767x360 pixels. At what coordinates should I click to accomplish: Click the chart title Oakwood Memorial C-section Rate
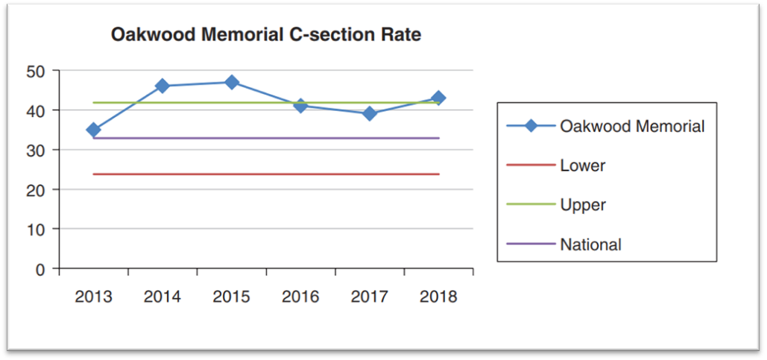tap(265, 35)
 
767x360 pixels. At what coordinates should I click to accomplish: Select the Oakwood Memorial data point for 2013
tap(93, 130)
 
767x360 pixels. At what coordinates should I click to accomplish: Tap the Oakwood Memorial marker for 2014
tap(162, 86)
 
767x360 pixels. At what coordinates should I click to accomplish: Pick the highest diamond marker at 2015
tap(232, 82)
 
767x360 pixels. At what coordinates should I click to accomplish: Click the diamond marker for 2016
tap(300, 106)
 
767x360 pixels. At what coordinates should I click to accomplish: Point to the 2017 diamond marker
tap(370, 113)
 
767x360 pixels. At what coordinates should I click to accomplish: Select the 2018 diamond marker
tap(438, 98)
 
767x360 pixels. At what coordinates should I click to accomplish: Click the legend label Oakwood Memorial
tap(632, 126)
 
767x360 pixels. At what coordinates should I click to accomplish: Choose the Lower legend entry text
tap(582, 165)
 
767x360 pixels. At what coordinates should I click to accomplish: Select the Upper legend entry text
tap(582, 204)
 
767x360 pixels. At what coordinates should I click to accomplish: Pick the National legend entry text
tap(590, 244)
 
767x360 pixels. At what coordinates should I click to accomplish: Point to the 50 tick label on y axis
tap(37, 72)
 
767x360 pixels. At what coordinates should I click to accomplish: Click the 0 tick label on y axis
tap(42, 269)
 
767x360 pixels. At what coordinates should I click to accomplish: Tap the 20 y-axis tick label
tap(37, 190)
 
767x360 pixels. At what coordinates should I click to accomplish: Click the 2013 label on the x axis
tap(93, 297)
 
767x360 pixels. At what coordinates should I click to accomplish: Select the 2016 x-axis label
tap(300, 297)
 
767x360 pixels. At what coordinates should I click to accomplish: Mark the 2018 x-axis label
tap(438, 297)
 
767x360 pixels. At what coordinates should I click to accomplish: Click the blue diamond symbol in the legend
tap(530, 126)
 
